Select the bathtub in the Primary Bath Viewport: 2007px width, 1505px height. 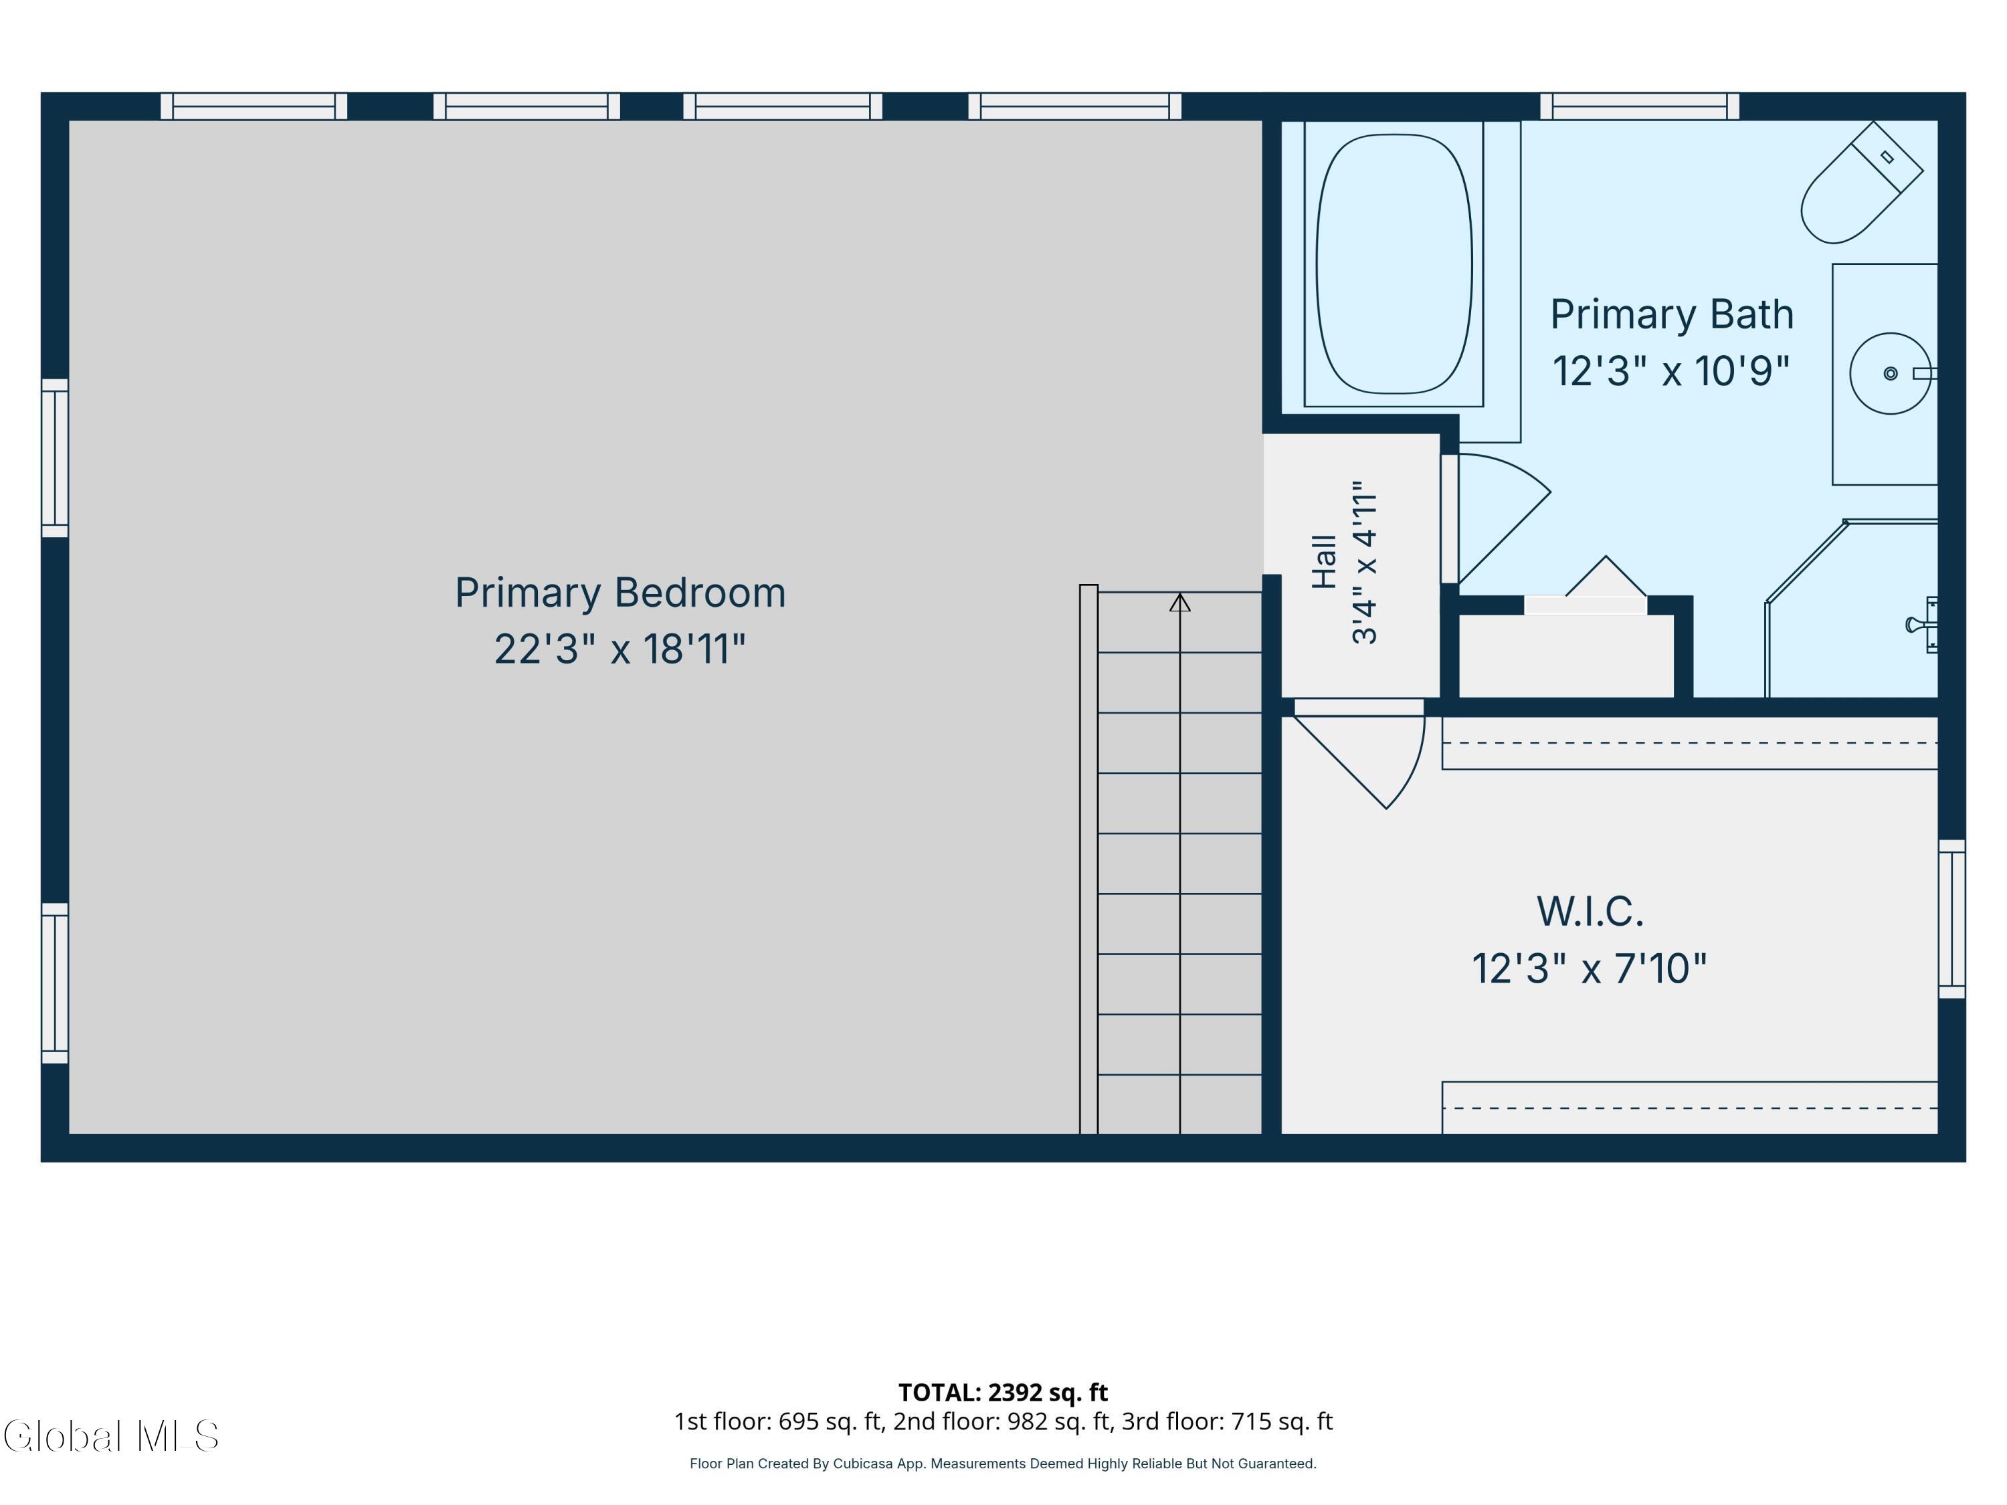(1394, 264)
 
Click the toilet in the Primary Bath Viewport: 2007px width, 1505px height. (1861, 183)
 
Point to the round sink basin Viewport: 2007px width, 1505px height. (1890, 374)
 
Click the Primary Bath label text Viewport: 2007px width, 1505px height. (1671, 315)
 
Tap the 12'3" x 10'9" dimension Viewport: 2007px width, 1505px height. (1671, 371)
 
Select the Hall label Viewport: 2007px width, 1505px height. (1325, 562)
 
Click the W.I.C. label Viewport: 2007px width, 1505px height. (1590, 912)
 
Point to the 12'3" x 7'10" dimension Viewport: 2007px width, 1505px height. (1590, 969)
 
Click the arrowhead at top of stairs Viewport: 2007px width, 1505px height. (1179, 603)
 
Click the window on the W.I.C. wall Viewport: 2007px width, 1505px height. (1951, 919)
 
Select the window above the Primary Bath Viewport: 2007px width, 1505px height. (1640, 106)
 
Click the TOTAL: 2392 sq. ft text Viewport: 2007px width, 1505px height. (1003, 1393)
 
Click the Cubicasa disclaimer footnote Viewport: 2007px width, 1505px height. (1003, 1464)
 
